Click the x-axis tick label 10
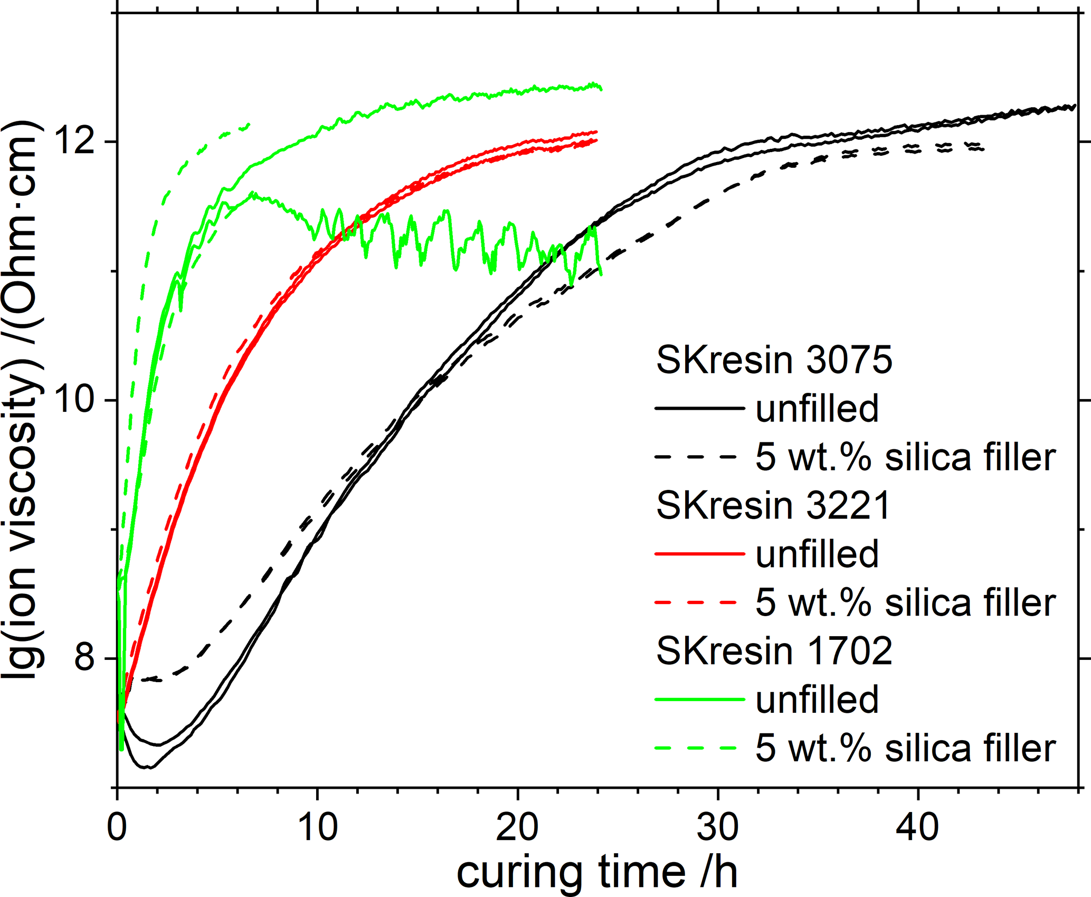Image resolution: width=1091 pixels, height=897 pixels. (x=317, y=827)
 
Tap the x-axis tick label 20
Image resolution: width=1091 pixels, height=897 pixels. (x=518, y=827)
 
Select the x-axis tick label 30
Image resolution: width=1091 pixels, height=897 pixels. (x=718, y=827)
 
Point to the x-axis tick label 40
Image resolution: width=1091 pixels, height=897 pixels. (x=918, y=827)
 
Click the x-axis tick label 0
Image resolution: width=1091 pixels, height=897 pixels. (x=117, y=827)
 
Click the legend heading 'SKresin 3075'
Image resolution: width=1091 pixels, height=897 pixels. (x=774, y=361)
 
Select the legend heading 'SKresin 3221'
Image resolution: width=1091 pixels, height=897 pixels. (x=773, y=506)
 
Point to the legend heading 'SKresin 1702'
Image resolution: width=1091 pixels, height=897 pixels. (x=774, y=651)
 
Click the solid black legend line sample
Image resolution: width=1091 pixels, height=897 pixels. (x=699, y=409)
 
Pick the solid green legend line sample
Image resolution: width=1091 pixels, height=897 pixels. (x=699, y=700)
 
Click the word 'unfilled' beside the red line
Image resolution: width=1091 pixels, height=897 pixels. (x=817, y=554)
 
